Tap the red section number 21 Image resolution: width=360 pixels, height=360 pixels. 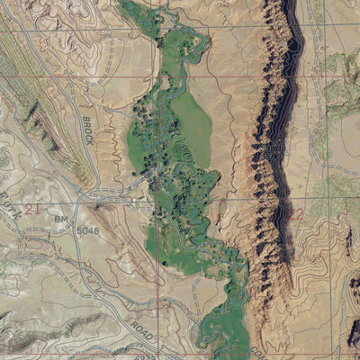point(33,209)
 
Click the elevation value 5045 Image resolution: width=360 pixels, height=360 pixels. point(87,231)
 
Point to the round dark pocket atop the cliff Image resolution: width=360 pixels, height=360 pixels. point(293,42)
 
